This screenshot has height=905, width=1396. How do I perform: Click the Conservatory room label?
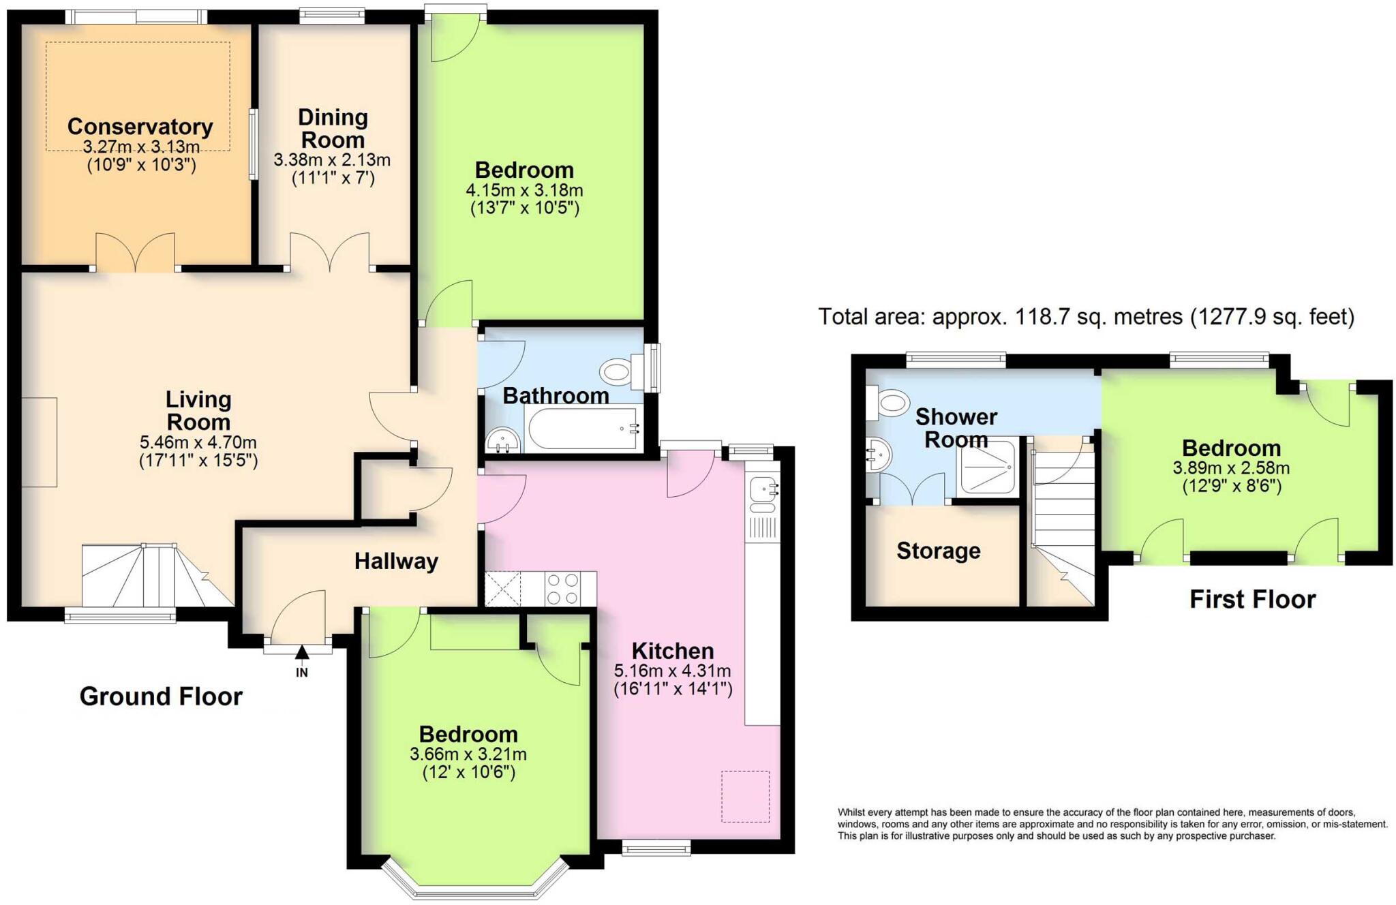(x=140, y=127)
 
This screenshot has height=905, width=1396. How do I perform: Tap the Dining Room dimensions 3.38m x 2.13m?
(x=332, y=160)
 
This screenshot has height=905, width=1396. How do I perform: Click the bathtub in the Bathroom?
(x=583, y=428)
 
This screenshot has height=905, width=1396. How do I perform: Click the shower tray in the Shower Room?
(x=986, y=466)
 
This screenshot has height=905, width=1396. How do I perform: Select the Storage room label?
(x=938, y=551)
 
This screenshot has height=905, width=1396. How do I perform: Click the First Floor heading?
(x=1252, y=599)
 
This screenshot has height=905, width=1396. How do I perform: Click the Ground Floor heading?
(x=161, y=696)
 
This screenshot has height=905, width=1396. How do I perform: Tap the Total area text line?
(x=1086, y=317)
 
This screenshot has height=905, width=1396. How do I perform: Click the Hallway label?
(x=396, y=562)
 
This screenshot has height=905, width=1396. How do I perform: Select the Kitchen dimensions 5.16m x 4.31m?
(x=672, y=670)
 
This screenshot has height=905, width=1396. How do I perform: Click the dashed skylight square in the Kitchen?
(x=745, y=796)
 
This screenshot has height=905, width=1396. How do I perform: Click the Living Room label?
(x=198, y=410)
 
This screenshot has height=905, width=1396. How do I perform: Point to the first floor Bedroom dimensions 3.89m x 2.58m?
(x=1230, y=468)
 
